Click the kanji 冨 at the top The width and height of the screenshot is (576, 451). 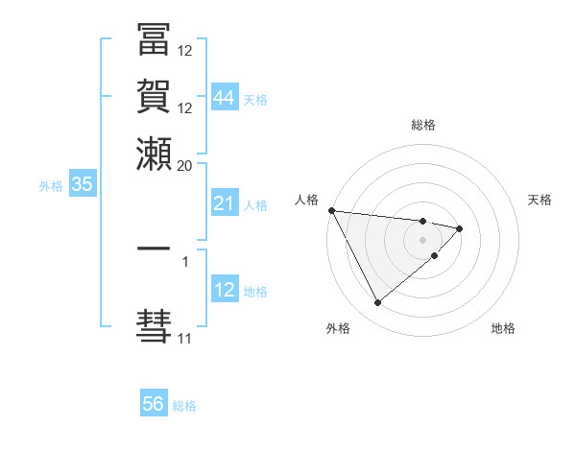[x=154, y=42]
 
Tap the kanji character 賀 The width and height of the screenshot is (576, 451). [x=154, y=99]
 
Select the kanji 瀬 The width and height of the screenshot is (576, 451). [x=154, y=154]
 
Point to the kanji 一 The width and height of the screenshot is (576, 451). [x=154, y=249]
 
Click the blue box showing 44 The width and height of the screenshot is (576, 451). [x=225, y=98]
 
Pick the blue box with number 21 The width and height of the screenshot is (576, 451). [x=225, y=203]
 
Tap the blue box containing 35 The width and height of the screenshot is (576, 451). [x=82, y=185]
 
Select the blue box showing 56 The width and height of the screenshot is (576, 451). [x=154, y=404]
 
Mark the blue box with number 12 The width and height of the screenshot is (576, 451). [x=225, y=290]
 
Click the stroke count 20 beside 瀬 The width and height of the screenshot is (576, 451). [x=185, y=164]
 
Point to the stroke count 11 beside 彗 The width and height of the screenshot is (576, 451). [x=184, y=338]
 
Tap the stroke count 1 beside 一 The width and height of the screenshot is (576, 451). [x=185, y=259]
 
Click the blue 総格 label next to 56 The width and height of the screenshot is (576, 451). [x=184, y=406]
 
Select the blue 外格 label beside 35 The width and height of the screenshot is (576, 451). [x=51, y=186]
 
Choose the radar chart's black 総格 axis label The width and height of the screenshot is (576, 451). [x=423, y=125]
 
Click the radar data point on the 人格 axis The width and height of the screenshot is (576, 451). [x=331, y=210]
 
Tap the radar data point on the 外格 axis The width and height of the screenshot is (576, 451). [x=377, y=303]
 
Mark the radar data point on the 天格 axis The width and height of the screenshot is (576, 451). [x=460, y=228]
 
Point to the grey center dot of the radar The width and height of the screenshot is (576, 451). [x=423, y=239]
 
